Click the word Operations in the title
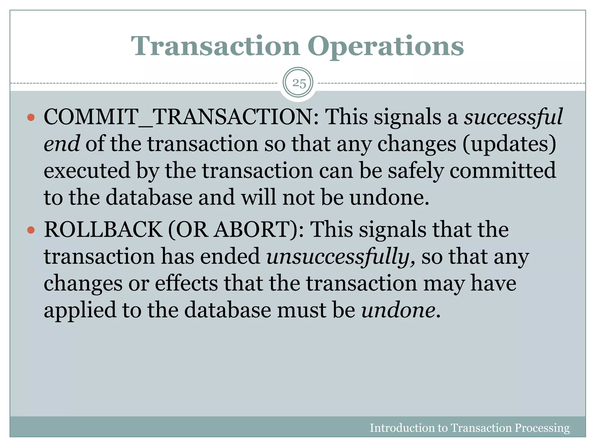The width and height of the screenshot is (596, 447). click(386, 47)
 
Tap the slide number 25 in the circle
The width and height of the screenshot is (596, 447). click(299, 84)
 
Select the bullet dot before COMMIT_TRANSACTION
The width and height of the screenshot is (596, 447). click(31, 118)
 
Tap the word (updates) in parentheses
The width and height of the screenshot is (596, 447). click(509, 144)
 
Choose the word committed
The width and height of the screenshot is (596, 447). click(503, 171)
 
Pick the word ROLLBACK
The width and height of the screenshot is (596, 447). click(103, 230)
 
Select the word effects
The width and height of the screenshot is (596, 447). click(186, 283)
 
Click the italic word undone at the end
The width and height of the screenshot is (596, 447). click(398, 310)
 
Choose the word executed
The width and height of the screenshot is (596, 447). click(87, 171)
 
